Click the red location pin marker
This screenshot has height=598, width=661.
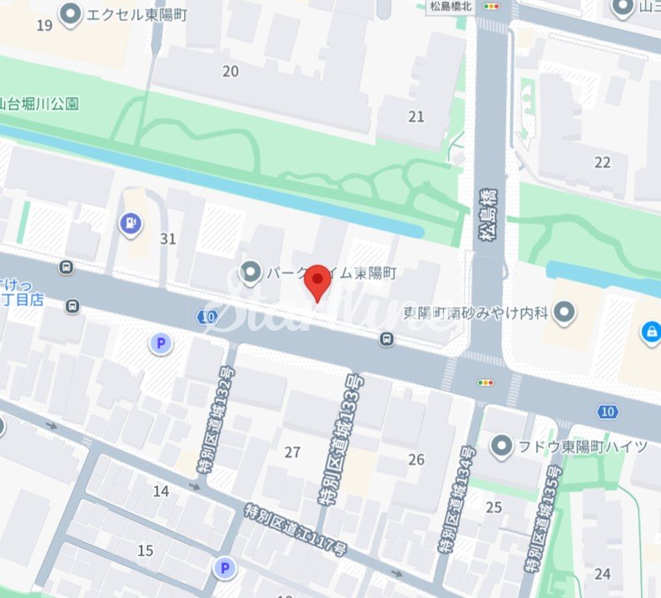[317, 282]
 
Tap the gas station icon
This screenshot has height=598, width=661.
[130, 222]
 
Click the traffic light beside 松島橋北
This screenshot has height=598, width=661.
[494, 6]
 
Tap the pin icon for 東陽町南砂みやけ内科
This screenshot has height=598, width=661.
[565, 312]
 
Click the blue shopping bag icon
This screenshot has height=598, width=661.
[649, 331]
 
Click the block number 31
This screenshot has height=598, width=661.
[168, 239]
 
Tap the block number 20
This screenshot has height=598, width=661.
[231, 71]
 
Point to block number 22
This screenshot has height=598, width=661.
[602, 162]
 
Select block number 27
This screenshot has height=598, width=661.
[292, 452]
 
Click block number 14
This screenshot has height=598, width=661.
[161, 491]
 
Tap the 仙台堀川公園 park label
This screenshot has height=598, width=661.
[39, 104]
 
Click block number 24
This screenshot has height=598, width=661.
[603, 573]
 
